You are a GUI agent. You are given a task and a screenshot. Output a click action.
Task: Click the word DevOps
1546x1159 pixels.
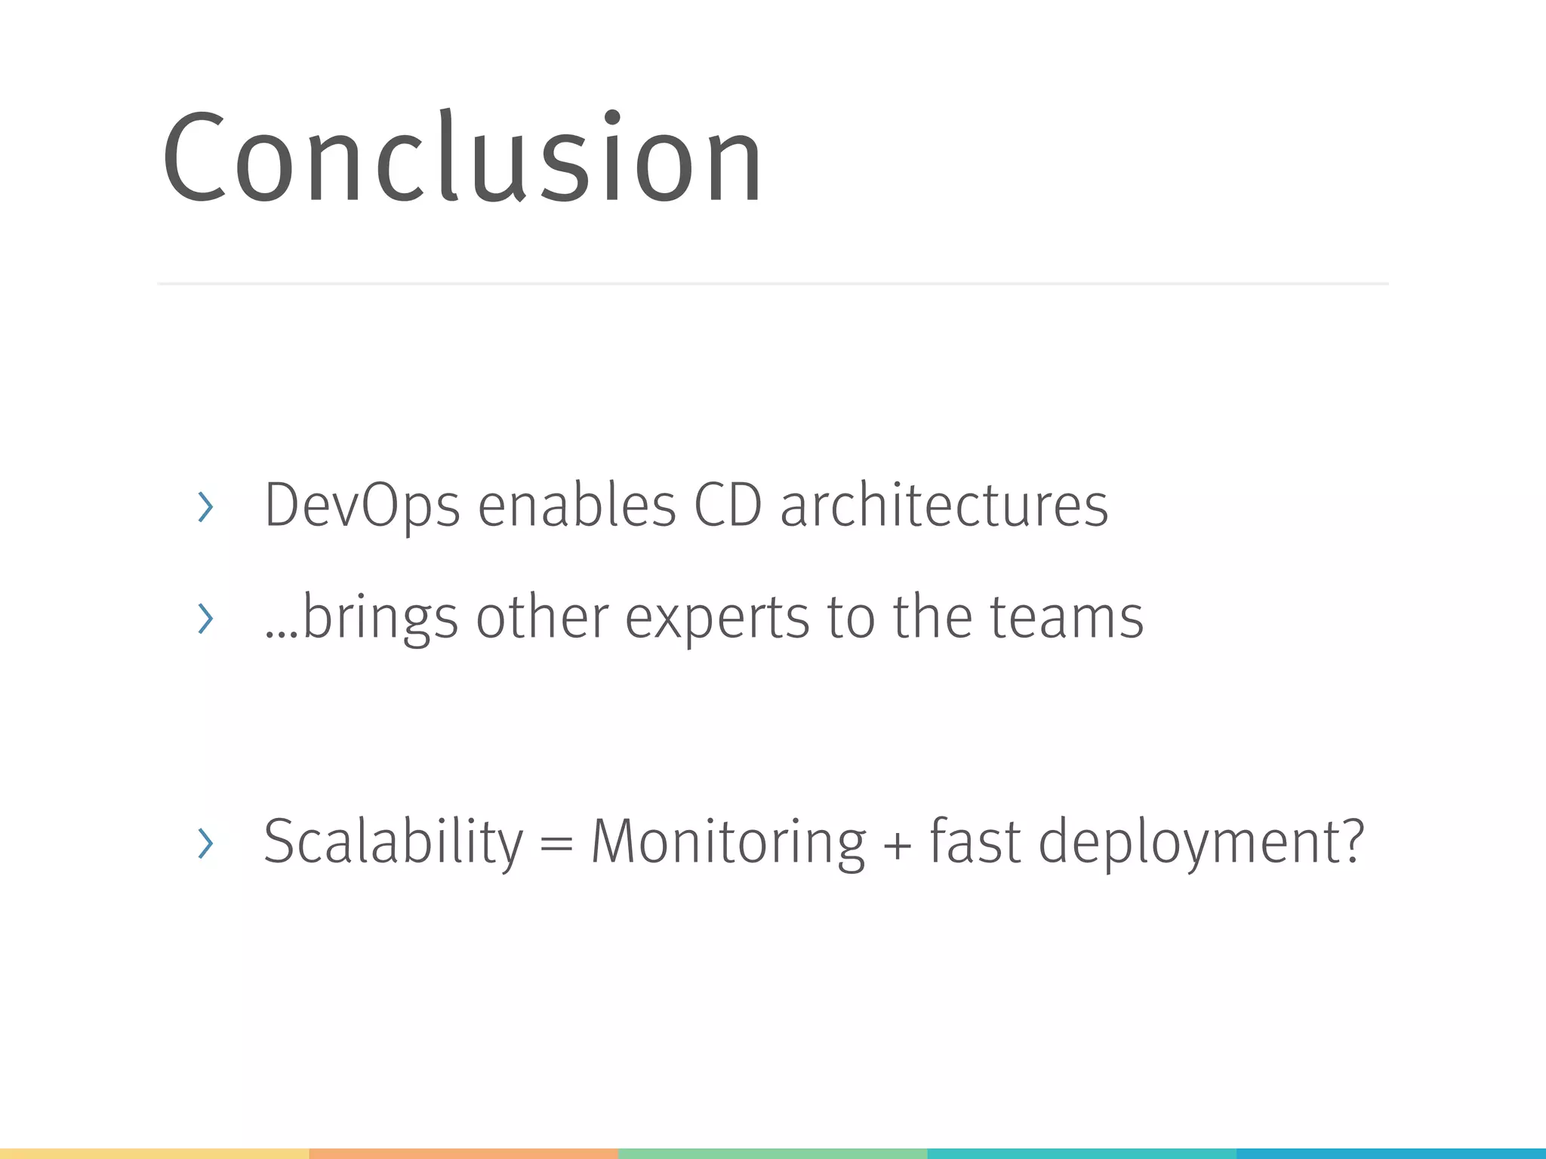[362, 506]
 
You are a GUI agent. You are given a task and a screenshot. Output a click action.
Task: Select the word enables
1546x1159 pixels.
[577, 506]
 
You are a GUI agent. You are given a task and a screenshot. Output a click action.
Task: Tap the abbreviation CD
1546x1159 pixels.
[728, 506]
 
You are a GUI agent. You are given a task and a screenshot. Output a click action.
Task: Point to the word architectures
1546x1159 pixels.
[944, 506]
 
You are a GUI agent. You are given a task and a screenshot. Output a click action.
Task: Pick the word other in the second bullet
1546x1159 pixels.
[542, 617]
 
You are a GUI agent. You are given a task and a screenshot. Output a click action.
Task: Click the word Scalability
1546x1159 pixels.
[393, 841]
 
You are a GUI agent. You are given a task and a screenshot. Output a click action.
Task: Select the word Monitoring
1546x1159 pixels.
[728, 841]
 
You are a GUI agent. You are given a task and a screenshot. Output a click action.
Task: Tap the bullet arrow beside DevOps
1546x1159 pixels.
[205, 507]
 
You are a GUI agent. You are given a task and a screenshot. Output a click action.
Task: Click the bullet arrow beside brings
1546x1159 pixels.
[205, 619]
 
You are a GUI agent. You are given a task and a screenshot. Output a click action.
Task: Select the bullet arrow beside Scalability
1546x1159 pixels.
[205, 843]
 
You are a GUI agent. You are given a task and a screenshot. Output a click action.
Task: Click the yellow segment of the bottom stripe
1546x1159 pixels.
[154, 1153]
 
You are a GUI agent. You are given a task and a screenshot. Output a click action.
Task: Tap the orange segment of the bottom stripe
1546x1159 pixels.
[463, 1153]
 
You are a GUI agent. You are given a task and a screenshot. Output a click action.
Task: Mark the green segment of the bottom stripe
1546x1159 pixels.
[772, 1153]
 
